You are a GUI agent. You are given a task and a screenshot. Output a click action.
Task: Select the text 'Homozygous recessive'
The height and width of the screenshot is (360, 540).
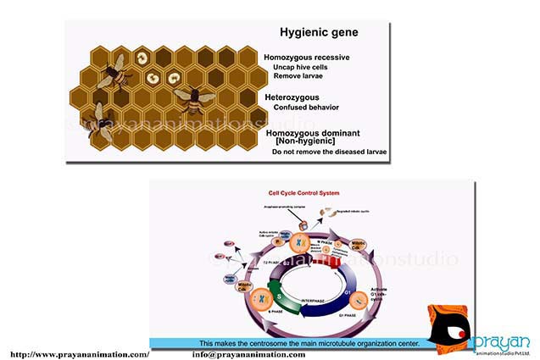click(306, 57)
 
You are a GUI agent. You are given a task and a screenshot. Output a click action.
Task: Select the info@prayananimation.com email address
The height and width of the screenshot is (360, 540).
click(248, 354)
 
